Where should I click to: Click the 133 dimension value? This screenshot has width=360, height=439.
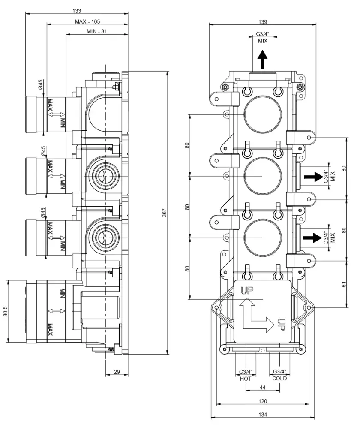point(77,10)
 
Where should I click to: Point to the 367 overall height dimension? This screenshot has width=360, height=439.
point(164,213)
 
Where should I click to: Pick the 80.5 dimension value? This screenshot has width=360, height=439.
point(5,311)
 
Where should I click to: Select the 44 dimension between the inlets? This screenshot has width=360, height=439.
point(262,387)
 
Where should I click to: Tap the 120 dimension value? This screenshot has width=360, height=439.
point(263,401)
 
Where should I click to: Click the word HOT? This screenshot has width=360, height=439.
point(246,379)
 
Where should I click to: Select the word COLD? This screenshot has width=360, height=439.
point(279,379)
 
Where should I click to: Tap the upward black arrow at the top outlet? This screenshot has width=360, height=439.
point(262,59)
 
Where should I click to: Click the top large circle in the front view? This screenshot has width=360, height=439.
point(262,115)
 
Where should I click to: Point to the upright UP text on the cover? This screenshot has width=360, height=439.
point(246,290)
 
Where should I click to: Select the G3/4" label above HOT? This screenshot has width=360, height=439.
point(246,372)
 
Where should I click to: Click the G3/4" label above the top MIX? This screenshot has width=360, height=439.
point(263,34)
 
